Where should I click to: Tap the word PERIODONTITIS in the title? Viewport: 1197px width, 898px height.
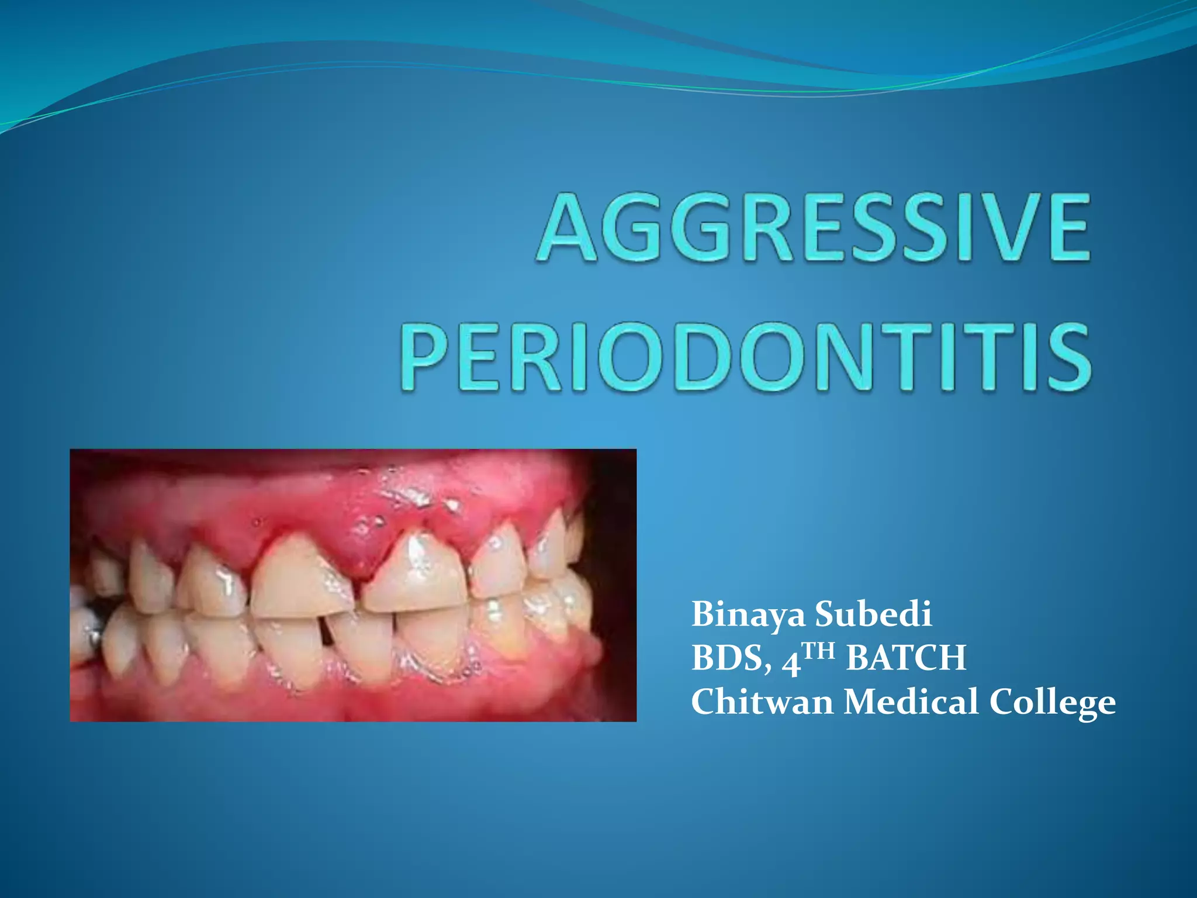pyautogui.click(x=746, y=358)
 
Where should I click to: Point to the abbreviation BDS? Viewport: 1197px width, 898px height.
pyautogui.click(x=726, y=658)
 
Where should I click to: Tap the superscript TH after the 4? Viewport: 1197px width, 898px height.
pyautogui.click(x=821, y=650)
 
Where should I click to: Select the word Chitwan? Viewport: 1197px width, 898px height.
pyautogui.click(x=762, y=702)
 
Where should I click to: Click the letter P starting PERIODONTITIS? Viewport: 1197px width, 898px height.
pyautogui.click(x=425, y=358)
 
